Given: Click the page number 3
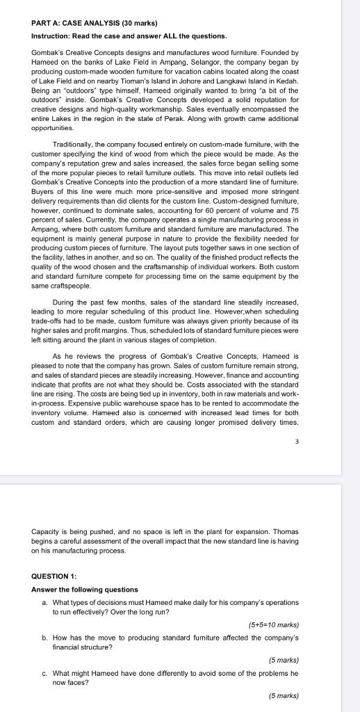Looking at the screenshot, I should click(x=296, y=440).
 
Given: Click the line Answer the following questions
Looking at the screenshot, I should click(x=85, y=590).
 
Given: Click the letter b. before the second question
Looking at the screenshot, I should click(x=45, y=637).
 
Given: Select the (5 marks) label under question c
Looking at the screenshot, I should click(x=283, y=695).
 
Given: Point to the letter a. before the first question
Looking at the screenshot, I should click(x=45, y=602).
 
